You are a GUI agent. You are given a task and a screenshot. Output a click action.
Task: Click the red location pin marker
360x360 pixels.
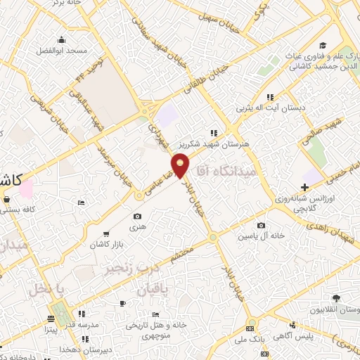[181, 167]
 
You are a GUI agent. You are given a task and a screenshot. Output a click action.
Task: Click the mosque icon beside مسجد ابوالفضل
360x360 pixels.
[63, 39]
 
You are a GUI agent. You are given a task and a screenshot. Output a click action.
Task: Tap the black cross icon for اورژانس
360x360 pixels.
[304, 187]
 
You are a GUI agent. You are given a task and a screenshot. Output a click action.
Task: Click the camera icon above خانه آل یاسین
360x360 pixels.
[262, 226]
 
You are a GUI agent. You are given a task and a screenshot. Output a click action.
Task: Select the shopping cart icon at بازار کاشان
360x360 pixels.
[105, 233]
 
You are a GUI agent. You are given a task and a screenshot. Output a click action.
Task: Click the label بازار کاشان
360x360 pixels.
[104, 243]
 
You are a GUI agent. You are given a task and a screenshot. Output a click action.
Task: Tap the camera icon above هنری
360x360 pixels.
[137, 217]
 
